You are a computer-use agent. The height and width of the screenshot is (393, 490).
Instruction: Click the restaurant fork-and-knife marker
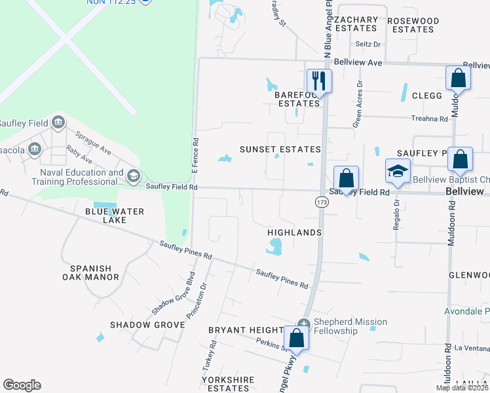(x=319, y=81)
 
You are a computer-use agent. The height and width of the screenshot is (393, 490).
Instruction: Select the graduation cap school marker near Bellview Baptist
(x=398, y=171)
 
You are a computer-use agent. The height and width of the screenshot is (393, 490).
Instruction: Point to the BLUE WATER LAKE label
(x=104, y=215)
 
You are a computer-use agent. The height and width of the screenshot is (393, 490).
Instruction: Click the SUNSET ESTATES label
(x=280, y=149)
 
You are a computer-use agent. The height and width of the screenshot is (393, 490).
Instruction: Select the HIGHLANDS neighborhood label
(x=294, y=233)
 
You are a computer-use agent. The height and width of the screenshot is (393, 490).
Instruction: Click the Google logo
(x=22, y=385)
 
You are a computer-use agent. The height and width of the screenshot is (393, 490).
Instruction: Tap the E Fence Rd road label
(x=195, y=155)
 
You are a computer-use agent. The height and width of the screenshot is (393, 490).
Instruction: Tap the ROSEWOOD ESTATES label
(x=413, y=25)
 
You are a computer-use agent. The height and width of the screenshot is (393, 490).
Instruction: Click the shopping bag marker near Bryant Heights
(x=297, y=339)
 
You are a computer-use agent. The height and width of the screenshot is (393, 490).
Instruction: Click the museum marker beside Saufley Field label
(x=58, y=122)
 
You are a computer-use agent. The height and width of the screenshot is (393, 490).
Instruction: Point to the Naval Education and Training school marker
(x=134, y=176)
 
